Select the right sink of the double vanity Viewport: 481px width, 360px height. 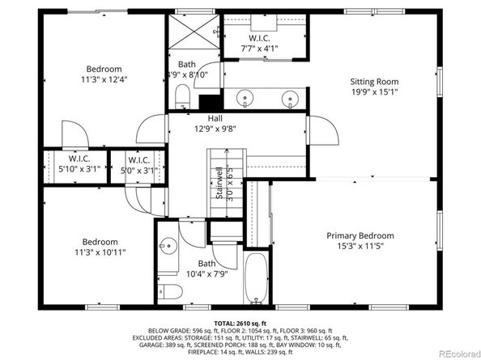(x=288, y=100)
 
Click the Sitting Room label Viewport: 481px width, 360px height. (x=374, y=81)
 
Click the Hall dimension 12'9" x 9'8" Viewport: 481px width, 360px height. (x=215, y=129)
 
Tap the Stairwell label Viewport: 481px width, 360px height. (x=219, y=182)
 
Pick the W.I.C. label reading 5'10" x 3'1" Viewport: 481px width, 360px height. (x=79, y=170)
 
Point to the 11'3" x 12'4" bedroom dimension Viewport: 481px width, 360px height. (x=104, y=79)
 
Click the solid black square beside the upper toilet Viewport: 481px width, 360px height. (x=210, y=103)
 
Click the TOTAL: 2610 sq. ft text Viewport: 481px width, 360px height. (x=240, y=321)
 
